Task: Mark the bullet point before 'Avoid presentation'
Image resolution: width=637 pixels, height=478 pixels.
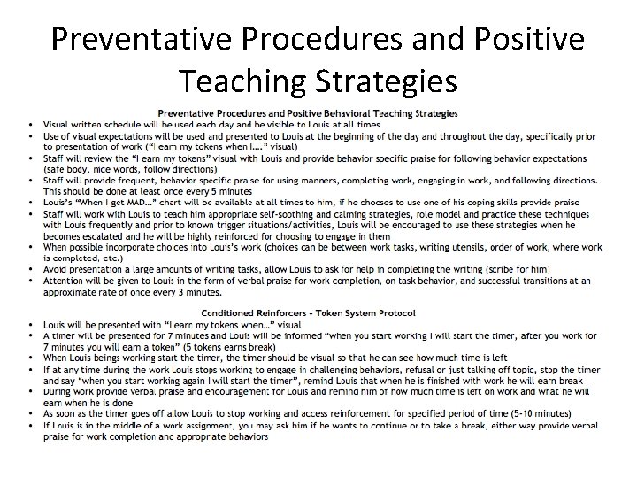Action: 32,269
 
